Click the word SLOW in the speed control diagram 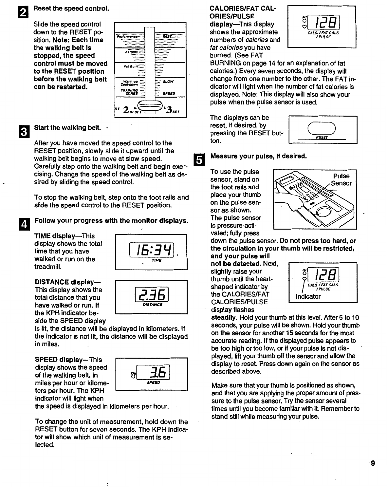(168, 81)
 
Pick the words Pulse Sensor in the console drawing (341, 179)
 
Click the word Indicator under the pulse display (308, 297)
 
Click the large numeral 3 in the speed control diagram (170, 110)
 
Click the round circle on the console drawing (322, 213)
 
